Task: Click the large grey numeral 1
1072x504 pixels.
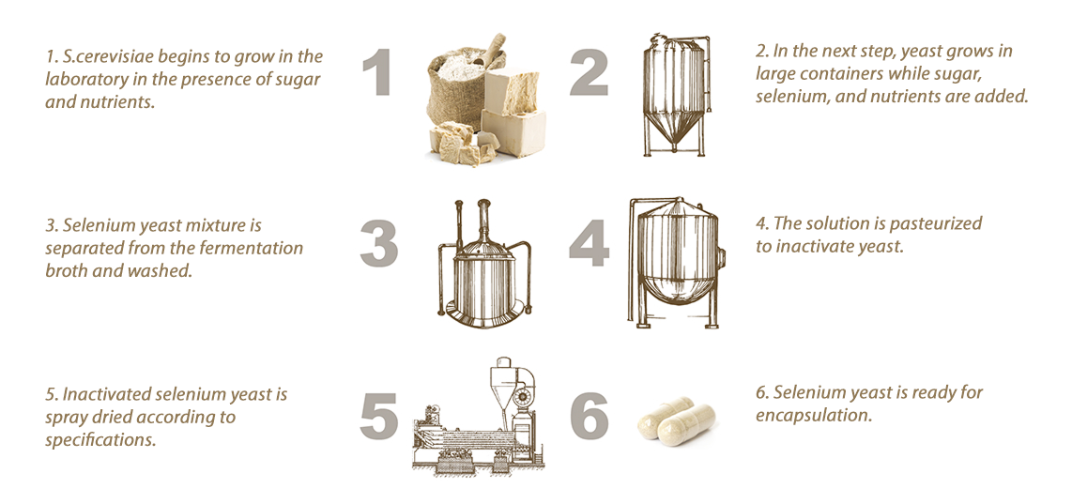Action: (377, 73)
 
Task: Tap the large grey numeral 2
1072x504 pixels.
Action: (589, 73)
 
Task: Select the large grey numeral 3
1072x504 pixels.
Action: (378, 242)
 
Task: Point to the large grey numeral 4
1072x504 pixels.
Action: (589, 242)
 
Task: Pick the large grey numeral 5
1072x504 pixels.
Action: (378, 415)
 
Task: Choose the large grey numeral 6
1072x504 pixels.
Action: (589, 415)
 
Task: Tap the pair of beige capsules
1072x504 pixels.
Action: (677, 420)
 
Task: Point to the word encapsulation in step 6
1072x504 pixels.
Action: (815, 415)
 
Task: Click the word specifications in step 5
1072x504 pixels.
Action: (100, 440)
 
